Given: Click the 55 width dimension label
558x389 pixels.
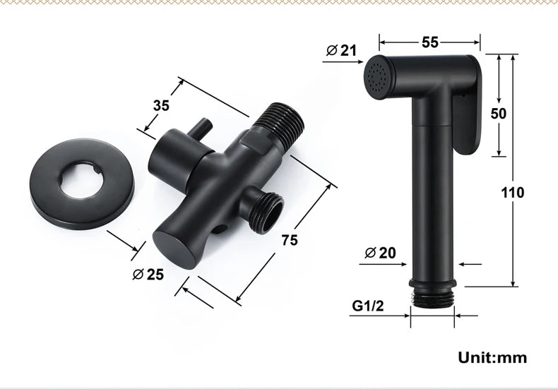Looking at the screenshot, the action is point(430,42).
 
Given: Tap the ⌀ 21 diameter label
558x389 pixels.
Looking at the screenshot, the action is point(341,51).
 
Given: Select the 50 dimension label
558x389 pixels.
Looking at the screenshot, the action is point(498,114).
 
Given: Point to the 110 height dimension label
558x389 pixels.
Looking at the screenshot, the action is point(513,192).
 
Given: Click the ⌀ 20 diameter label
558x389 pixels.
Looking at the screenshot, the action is point(380,253).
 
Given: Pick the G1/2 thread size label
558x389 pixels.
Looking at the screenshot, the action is point(368,306).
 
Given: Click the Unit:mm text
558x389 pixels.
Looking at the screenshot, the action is point(492,357).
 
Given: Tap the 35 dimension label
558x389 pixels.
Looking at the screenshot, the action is point(161,106).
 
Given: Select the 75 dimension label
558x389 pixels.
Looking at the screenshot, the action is point(290,240).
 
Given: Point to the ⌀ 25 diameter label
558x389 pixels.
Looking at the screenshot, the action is point(148,274).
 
